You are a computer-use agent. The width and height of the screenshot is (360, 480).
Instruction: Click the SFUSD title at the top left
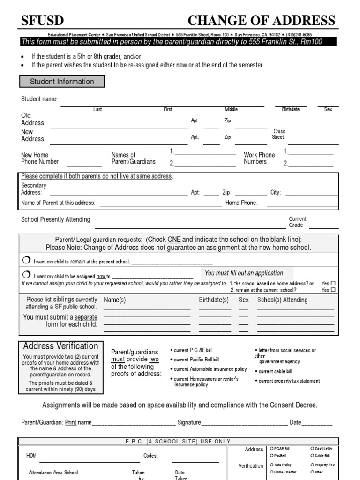tap(43, 21)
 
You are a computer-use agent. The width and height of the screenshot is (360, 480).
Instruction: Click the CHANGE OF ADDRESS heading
tap(261, 21)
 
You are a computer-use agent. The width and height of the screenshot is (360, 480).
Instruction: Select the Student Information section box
tap(62, 82)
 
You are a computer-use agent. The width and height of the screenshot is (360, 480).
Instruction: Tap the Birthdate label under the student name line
tap(291, 109)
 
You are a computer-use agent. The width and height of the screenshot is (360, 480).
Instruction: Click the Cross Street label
tap(279, 134)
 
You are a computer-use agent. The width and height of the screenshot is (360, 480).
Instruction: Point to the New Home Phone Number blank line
tap(84, 165)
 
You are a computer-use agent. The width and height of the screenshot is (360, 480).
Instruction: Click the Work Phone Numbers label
tap(259, 158)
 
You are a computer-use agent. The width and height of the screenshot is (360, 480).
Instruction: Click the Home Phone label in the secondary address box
tap(241, 203)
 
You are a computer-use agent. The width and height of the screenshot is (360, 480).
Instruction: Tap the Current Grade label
tap(298, 222)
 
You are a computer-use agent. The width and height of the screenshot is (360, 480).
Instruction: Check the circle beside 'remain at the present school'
tap(26, 261)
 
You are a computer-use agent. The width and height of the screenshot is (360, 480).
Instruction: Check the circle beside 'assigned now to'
tap(26, 275)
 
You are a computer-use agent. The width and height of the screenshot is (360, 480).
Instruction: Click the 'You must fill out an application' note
tap(244, 273)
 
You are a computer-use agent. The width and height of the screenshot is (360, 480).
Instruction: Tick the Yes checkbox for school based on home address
tap(333, 284)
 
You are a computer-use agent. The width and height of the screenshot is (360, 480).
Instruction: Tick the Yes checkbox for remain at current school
tap(333, 290)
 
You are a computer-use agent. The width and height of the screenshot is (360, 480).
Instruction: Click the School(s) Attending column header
tap(282, 300)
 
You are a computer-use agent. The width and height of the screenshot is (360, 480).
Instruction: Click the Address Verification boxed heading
tap(61, 346)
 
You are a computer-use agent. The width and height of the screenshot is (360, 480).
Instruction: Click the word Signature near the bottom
tap(189, 422)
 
